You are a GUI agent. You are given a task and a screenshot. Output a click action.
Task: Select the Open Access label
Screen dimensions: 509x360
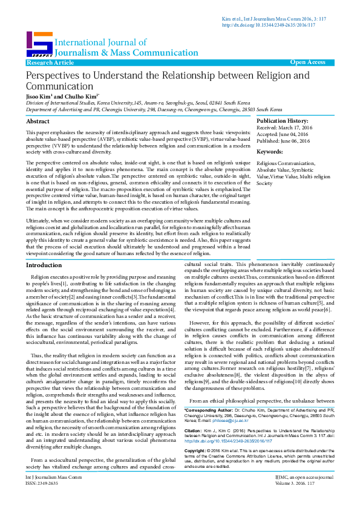coord(307,62)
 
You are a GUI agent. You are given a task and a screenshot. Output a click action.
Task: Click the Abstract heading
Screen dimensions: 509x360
coord(38,122)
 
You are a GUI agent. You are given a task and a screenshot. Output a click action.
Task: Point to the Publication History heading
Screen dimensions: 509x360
coord(283,122)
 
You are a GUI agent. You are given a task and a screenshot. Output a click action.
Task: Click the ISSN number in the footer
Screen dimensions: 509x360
coord(39,499)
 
